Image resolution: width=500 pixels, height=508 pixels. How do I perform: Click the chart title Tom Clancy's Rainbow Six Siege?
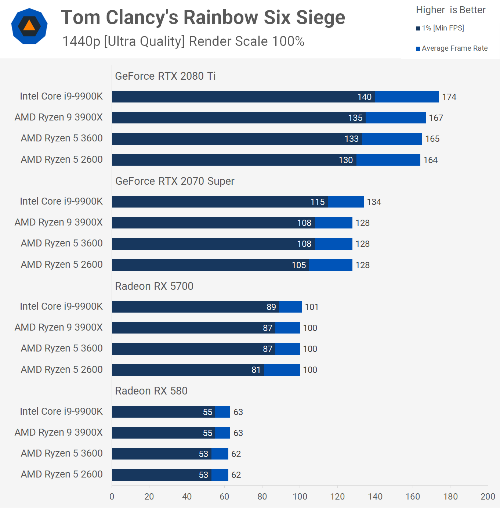click(x=203, y=18)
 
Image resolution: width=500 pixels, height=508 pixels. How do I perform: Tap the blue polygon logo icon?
click(x=29, y=26)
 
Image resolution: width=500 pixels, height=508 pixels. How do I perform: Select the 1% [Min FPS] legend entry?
click(x=440, y=28)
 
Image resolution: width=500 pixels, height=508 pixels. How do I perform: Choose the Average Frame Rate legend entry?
click(x=452, y=48)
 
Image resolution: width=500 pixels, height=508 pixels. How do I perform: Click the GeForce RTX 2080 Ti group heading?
click(x=165, y=76)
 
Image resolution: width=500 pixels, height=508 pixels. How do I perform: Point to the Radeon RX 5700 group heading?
click(x=154, y=286)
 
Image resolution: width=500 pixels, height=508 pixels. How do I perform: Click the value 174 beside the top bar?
click(x=449, y=97)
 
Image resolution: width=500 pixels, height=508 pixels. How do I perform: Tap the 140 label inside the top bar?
click(x=365, y=97)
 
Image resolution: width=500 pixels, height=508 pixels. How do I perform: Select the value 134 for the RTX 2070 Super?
click(x=374, y=202)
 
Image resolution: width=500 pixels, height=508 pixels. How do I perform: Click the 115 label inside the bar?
click(x=318, y=202)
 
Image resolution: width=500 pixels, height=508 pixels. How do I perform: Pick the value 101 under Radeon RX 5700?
click(x=312, y=307)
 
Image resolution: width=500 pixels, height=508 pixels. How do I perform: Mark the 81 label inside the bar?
click(x=256, y=370)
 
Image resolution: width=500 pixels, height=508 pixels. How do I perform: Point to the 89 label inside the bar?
click(x=271, y=307)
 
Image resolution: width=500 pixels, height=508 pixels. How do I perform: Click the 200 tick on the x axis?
click(x=488, y=497)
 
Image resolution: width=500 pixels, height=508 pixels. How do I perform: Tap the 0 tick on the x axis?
click(x=112, y=497)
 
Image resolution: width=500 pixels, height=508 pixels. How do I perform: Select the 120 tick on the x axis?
click(x=337, y=497)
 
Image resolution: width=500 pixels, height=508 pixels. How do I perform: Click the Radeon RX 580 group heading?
click(x=151, y=391)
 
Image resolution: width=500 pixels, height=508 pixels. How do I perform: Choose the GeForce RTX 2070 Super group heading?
click(x=175, y=181)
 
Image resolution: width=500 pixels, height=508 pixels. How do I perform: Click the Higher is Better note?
click(x=450, y=10)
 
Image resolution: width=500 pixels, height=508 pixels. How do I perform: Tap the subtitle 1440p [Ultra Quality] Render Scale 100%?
click(x=183, y=42)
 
